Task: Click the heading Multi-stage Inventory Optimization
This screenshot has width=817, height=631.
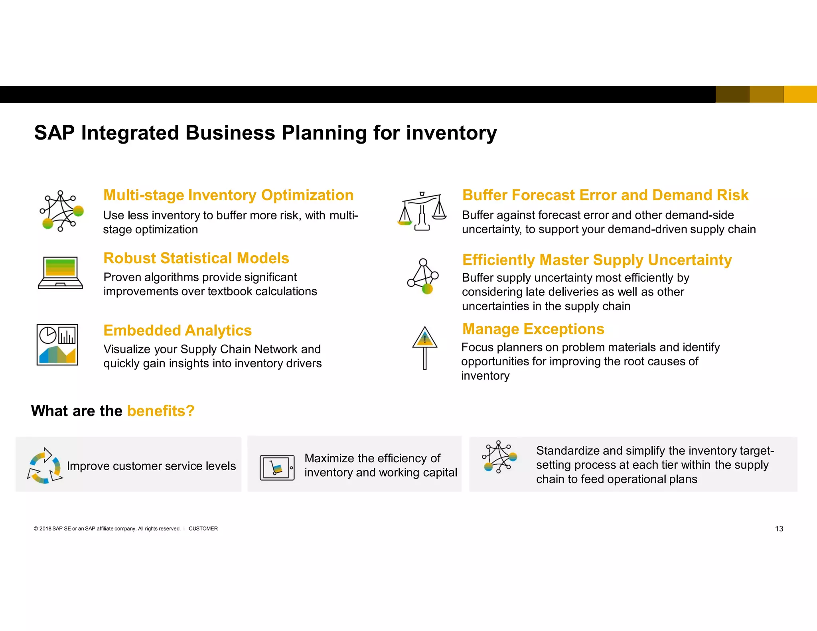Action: [x=228, y=195]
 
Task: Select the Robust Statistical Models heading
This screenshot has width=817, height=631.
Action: [x=196, y=258]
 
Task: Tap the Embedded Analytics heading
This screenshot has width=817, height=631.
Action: [x=178, y=331]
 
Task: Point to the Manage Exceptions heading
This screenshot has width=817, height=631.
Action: [x=533, y=329]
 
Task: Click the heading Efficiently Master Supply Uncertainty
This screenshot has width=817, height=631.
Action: [x=597, y=260]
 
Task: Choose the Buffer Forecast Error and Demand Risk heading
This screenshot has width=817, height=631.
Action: [x=605, y=195]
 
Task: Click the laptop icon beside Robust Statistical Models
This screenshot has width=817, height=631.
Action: [x=60, y=273]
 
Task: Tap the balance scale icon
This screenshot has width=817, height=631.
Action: [x=422, y=211]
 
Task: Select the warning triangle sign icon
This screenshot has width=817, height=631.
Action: [x=424, y=347]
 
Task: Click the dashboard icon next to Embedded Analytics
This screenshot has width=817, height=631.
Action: [x=57, y=345]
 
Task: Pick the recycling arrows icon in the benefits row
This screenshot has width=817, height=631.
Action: [x=44, y=465]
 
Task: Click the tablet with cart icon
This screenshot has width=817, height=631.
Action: [x=277, y=467]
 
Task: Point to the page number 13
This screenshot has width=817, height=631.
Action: [x=779, y=529]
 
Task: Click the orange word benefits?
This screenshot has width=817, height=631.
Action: [x=160, y=411]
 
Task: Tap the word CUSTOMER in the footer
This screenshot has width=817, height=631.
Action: [x=203, y=529]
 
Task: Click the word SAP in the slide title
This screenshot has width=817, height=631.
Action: [x=54, y=133]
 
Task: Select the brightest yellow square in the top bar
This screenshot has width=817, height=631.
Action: [x=800, y=95]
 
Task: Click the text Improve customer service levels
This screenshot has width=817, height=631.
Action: [x=151, y=466]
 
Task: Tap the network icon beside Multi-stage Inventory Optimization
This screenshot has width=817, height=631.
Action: [x=61, y=211]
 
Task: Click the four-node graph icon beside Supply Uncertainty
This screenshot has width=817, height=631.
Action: [x=423, y=276]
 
